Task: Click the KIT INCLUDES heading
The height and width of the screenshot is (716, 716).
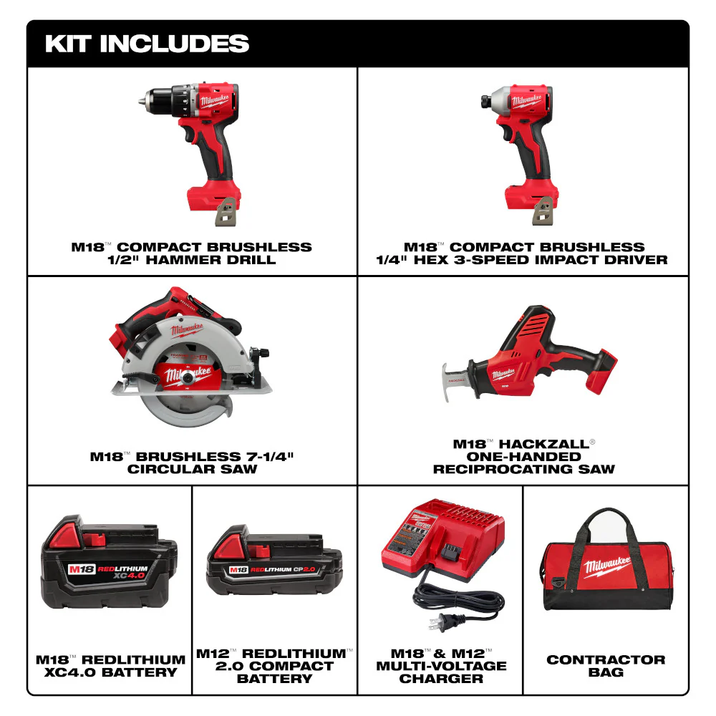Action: click(147, 43)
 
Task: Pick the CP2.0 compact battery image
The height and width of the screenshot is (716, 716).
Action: click(274, 564)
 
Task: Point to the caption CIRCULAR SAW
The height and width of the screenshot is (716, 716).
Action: click(192, 469)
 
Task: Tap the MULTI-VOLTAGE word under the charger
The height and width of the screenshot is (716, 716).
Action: click(441, 666)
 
